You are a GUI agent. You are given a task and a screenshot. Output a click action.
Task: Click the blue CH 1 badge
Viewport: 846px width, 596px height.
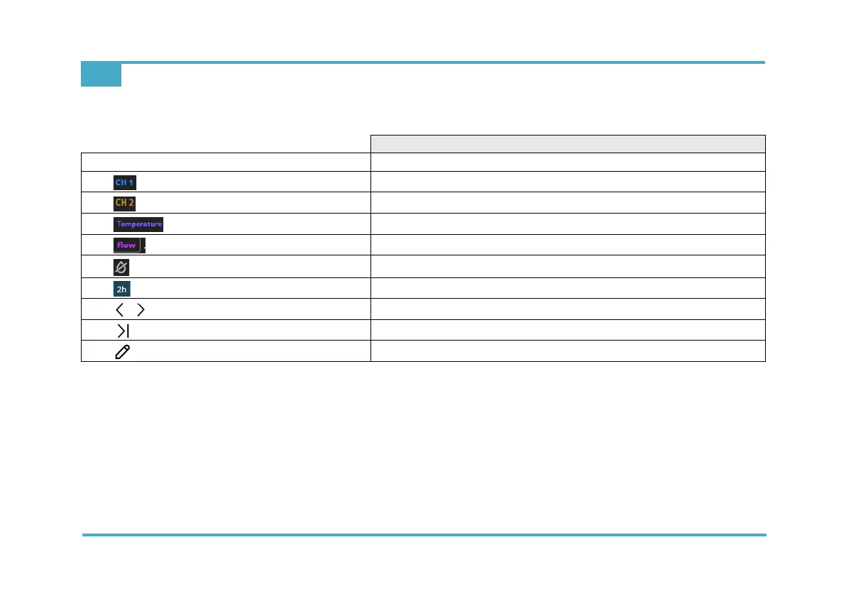tap(124, 182)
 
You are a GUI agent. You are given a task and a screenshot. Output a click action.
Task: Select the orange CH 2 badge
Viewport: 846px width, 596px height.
tap(124, 203)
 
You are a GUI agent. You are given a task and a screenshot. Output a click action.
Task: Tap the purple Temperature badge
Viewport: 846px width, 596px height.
tap(138, 224)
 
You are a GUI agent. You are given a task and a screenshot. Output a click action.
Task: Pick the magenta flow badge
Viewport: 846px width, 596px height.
tap(127, 245)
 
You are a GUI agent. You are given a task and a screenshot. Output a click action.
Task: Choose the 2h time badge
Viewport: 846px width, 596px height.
tap(122, 289)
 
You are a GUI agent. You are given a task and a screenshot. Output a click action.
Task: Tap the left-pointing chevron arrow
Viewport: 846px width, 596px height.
tap(119, 309)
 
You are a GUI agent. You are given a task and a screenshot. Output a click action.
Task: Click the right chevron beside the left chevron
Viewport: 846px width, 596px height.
tap(141, 309)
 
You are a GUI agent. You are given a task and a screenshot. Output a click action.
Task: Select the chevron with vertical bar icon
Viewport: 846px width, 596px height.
tap(123, 331)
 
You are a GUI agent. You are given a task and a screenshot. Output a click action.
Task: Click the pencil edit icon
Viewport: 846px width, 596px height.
tap(122, 352)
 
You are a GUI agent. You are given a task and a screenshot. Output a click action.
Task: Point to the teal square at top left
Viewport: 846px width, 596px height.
tap(101, 75)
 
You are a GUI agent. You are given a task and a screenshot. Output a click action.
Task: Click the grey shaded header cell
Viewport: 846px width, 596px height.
tap(568, 143)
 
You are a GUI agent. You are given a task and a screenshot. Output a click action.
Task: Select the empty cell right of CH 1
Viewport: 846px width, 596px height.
tap(568, 182)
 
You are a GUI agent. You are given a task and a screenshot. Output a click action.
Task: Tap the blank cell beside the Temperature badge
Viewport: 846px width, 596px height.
tap(568, 224)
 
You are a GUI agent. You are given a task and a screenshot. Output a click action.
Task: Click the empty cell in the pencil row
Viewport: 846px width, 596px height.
tap(568, 351)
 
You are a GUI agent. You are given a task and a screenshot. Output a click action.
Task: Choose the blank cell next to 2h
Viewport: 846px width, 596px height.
tap(568, 288)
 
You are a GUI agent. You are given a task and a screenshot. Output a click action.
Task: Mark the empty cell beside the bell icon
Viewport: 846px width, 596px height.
tap(568, 267)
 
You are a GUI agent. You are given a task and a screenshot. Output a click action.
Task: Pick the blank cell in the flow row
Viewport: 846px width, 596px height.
tap(568, 245)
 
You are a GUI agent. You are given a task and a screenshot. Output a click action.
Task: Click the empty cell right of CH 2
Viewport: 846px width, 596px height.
tap(568, 203)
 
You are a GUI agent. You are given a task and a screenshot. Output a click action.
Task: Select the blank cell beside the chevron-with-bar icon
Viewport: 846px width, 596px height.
tap(568, 331)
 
